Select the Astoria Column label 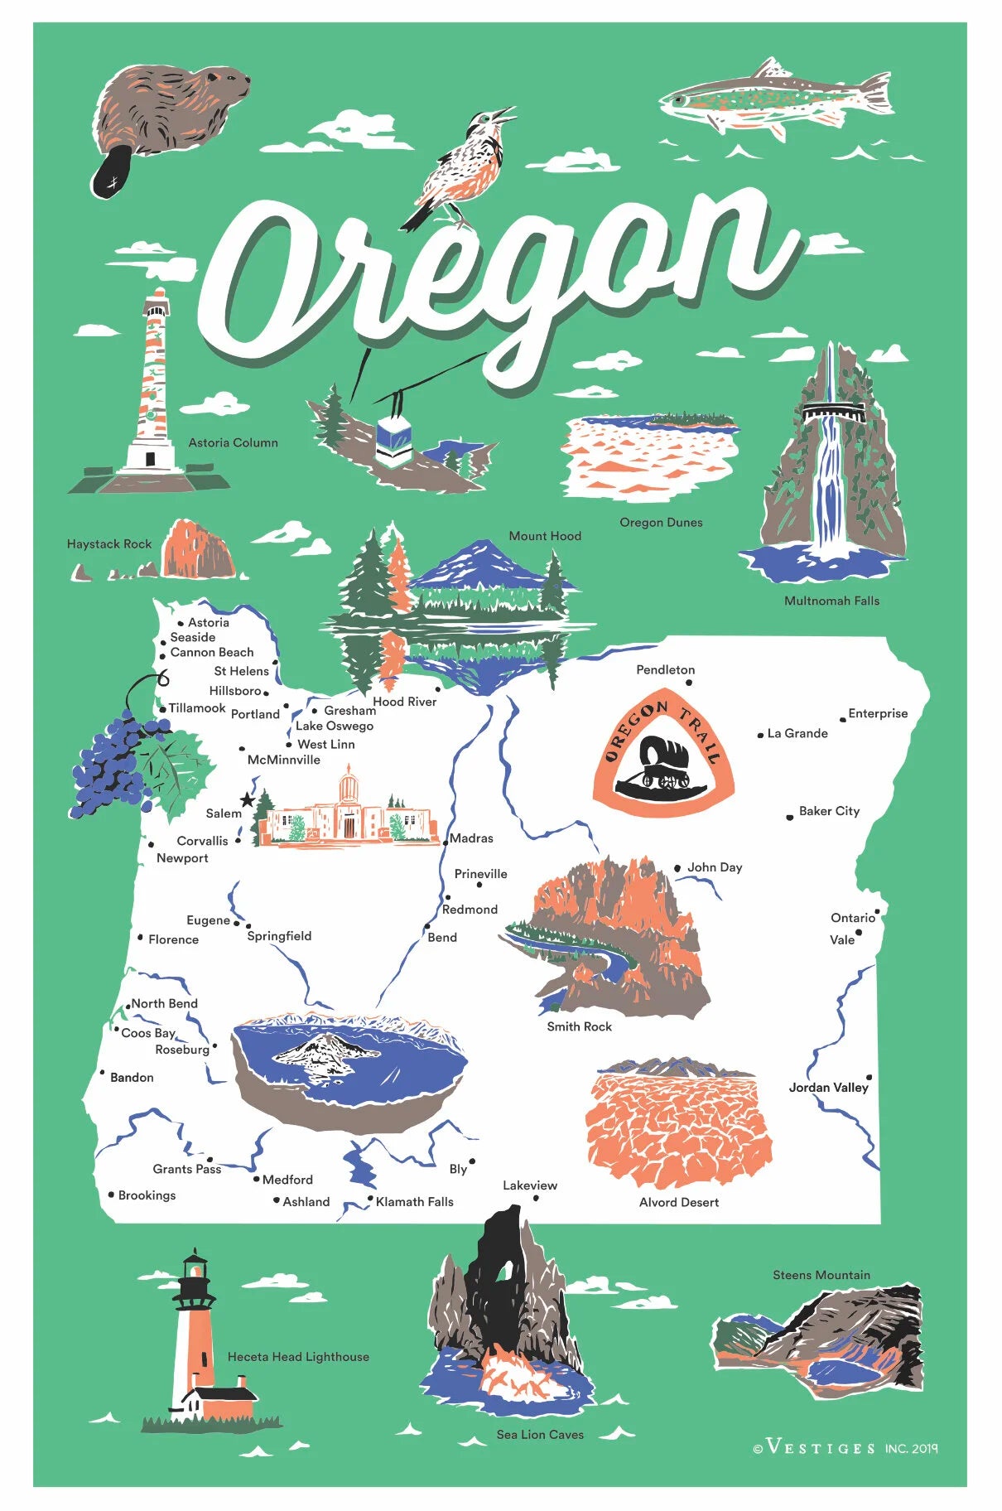pyautogui.click(x=233, y=443)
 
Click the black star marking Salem pyautogui.click(x=247, y=800)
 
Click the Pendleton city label pyautogui.click(x=665, y=669)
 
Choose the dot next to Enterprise pyautogui.click(x=842, y=719)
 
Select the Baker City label pyautogui.click(x=829, y=811)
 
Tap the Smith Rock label pyautogui.click(x=579, y=1026)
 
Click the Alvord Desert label pyautogui.click(x=678, y=1202)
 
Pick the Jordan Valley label pyautogui.click(x=828, y=1087)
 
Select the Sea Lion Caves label pyautogui.click(x=540, y=1434)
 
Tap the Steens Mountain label pyautogui.click(x=821, y=1275)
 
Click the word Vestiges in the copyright pyautogui.click(x=821, y=1448)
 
